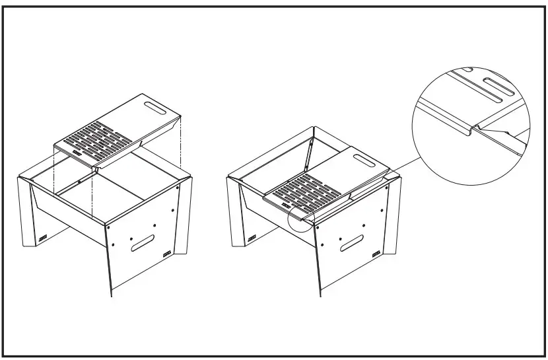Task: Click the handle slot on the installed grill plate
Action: tap(362, 159)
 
